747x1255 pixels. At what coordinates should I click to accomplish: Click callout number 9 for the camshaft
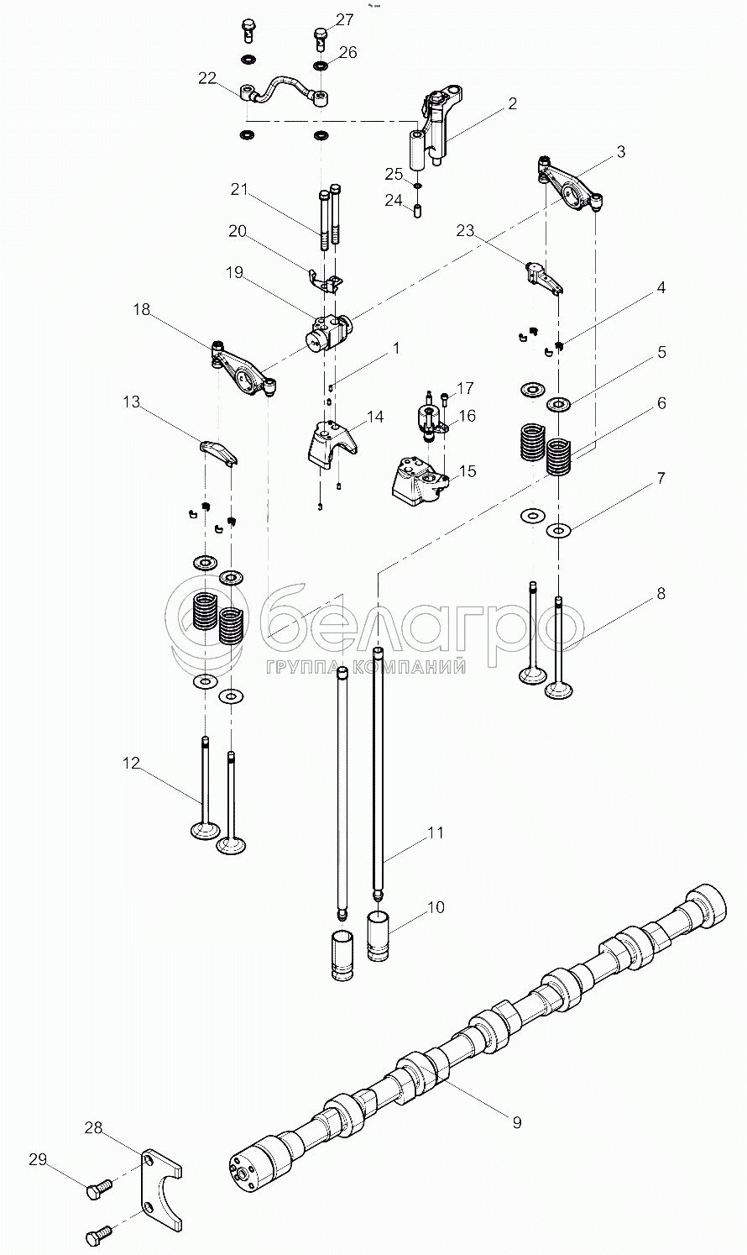click(516, 1121)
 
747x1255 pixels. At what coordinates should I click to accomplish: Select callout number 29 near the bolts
click(38, 1160)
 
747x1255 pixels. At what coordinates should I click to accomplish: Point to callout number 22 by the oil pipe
click(207, 78)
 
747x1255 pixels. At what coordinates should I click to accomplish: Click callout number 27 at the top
click(344, 19)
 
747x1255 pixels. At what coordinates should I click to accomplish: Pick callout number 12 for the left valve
click(131, 763)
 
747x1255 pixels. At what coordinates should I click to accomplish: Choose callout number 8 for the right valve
click(661, 594)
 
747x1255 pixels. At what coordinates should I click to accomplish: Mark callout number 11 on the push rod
click(435, 832)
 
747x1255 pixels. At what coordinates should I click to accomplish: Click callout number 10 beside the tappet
click(435, 907)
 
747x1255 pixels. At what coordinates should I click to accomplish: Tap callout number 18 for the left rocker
click(141, 310)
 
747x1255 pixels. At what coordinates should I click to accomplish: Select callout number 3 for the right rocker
click(619, 152)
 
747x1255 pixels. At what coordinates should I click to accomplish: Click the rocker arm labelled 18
click(244, 370)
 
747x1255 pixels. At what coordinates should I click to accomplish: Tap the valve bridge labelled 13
click(218, 451)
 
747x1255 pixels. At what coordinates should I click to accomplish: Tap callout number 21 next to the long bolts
click(240, 190)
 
